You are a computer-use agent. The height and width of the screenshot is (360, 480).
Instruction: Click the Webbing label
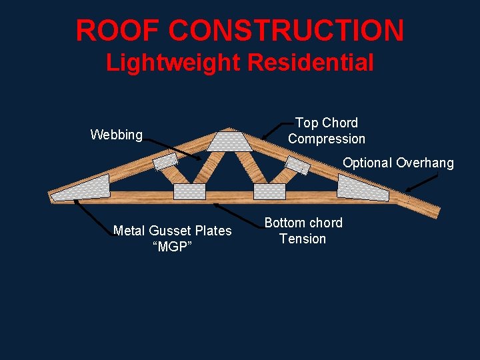[x=117, y=135]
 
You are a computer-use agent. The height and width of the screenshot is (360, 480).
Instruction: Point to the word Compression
[x=327, y=139]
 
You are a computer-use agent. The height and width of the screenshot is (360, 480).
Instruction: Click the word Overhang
[x=425, y=163]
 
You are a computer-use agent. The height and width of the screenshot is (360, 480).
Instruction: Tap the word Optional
[x=367, y=163]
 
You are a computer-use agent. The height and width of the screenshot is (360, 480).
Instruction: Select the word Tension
[x=303, y=239]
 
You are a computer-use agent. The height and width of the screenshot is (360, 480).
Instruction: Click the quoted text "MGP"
[x=173, y=247]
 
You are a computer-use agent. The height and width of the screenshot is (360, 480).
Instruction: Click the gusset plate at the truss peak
[x=229, y=141]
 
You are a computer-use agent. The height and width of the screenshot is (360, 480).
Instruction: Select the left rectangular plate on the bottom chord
[x=189, y=191]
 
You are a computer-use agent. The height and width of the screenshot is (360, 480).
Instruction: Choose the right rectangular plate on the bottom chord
[x=269, y=191]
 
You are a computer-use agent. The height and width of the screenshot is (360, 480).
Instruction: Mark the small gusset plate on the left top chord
[x=165, y=162]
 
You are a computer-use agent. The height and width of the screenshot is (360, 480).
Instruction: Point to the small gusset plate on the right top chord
[x=297, y=164]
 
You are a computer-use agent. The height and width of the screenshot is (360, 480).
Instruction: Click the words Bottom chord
[x=303, y=223]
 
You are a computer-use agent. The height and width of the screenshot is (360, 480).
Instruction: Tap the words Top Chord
[x=327, y=123]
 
